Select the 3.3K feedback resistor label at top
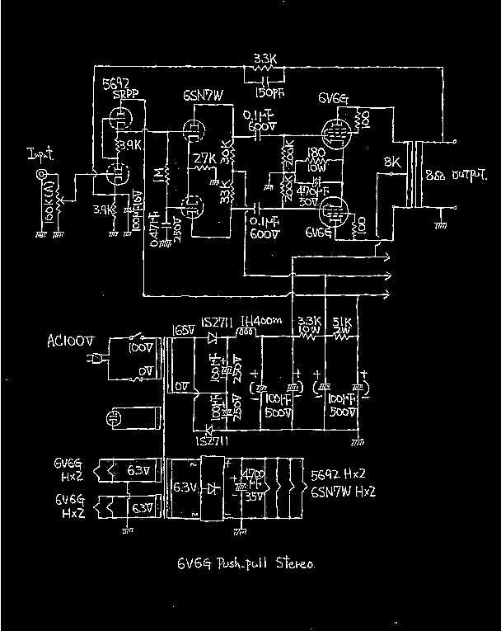tap(265, 59)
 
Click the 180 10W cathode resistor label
tap(315, 158)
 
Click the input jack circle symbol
tap(37, 175)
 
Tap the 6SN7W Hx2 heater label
tap(344, 492)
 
